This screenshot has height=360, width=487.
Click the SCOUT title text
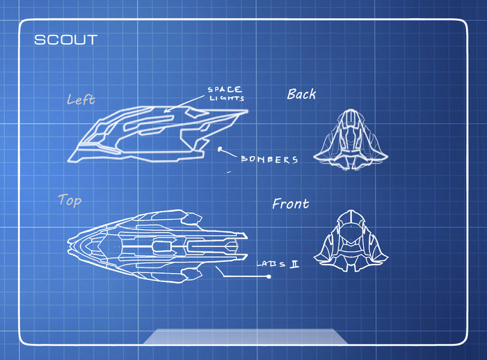point(66,40)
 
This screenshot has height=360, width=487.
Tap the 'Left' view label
point(81,99)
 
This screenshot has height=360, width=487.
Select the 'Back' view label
point(301,94)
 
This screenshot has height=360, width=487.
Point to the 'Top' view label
point(70,201)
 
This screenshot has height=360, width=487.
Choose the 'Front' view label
point(291,204)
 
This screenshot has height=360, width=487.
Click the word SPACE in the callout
point(225,90)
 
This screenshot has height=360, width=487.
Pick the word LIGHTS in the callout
point(226,99)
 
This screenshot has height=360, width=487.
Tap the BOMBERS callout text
point(269,159)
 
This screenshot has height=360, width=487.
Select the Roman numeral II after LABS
point(294,264)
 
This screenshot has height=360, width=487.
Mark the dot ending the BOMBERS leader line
point(221,148)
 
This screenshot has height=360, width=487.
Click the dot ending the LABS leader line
point(269,277)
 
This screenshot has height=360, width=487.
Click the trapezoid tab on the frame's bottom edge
point(245,336)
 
